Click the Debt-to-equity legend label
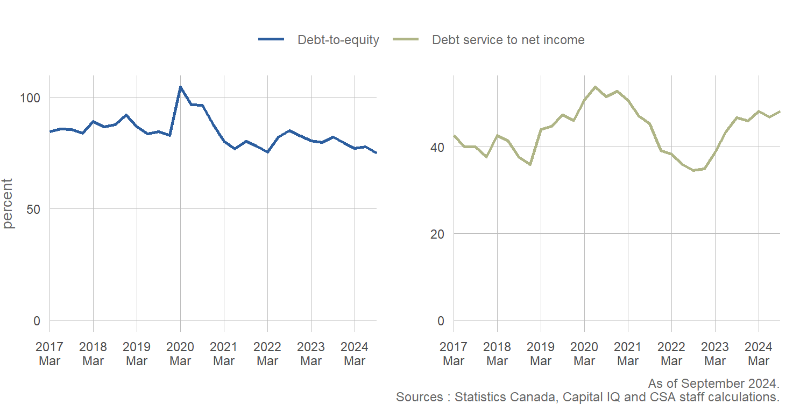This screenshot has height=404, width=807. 338,40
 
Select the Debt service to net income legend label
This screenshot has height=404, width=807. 508,40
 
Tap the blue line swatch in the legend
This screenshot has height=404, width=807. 271,40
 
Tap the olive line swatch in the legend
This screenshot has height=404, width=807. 406,40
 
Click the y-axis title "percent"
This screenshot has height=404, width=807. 9,204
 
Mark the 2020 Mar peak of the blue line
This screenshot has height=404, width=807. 180,87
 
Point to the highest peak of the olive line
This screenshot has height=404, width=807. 595,87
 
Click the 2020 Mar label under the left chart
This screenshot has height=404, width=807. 180,353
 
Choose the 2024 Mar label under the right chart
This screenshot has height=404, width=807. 759,353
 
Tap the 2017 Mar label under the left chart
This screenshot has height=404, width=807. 49,353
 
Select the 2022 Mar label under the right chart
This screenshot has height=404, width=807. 671,353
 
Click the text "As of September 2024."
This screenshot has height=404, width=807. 713,384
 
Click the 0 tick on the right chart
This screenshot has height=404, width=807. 440,321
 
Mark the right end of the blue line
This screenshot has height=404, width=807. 376,153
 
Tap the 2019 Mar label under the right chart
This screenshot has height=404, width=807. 541,353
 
